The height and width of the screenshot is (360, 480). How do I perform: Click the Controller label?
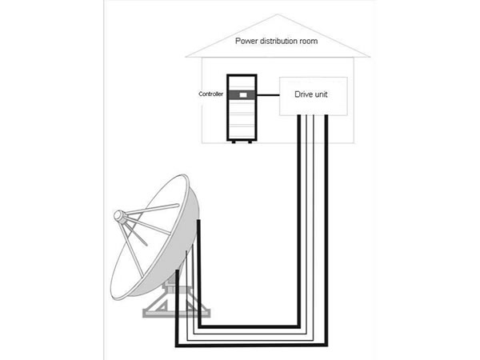tap(211, 94)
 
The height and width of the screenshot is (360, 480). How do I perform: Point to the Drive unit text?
tap(312, 94)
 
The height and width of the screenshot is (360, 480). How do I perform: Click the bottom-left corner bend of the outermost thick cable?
tap(173, 346)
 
